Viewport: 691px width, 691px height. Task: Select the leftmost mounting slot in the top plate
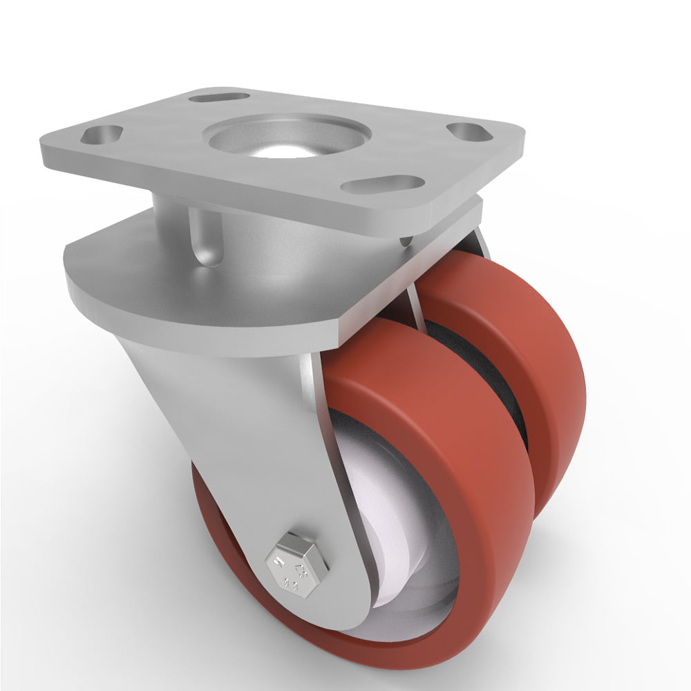tap(102, 134)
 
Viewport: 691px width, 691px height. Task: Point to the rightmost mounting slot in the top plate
tap(470, 131)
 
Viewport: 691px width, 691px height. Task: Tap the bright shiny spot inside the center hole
tap(280, 152)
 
